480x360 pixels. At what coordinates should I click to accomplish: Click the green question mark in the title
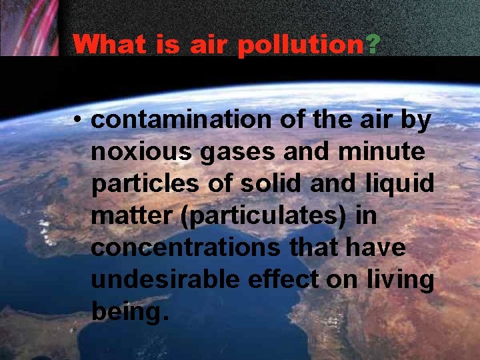tap(373, 45)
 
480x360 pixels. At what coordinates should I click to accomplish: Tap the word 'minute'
tap(382, 152)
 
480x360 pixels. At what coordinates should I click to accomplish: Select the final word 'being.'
tap(127, 311)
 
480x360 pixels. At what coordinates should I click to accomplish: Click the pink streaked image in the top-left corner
tap(29, 27)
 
